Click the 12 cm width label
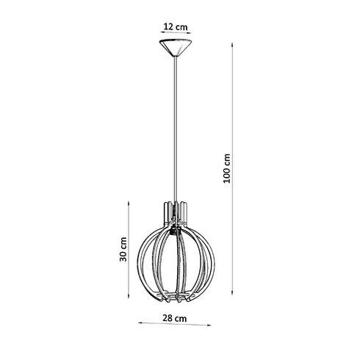[x=175, y=27]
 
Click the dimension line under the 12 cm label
[x=175, y=35]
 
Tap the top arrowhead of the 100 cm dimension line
[x=235, y=44]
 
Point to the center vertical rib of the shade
[x=175, y=264]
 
